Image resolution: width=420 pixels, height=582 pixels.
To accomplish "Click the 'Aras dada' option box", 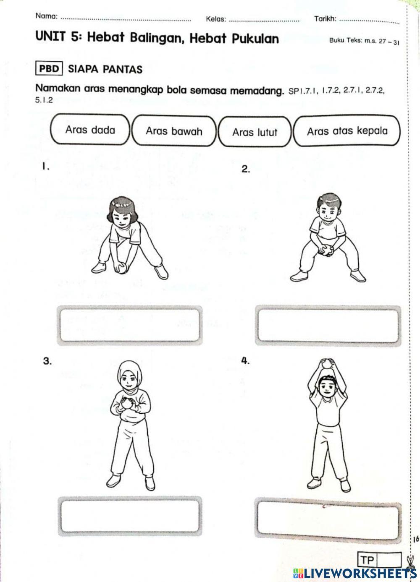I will tap(90, 130).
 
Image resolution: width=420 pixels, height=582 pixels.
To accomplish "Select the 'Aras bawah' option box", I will tap(174, 131).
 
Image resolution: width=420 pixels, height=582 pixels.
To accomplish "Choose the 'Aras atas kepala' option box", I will tap(347, 131).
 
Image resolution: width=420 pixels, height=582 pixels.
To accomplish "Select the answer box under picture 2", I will tap(328, 325).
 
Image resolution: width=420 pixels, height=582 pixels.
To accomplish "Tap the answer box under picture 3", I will tap(129, 516).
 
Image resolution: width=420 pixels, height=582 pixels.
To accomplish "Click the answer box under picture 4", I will tap(328, 520).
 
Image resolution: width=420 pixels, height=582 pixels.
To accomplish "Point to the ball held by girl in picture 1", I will tap(121, 267).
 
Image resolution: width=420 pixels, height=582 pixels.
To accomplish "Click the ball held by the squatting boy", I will tap(325, 250).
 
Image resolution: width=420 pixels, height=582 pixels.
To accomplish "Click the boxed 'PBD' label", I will tap(49, 68).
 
